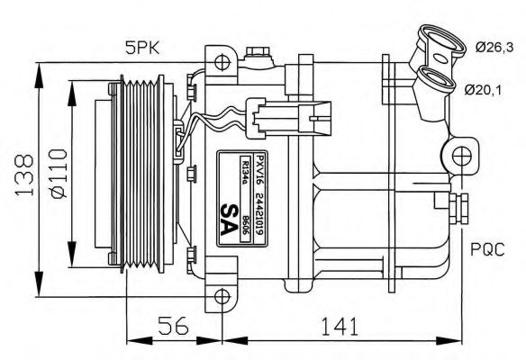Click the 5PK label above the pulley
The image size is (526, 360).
click(142, 47)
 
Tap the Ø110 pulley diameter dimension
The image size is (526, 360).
click(57, 175)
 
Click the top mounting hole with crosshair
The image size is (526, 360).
click(222, 63)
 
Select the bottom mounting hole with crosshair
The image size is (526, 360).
click(222, 294)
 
